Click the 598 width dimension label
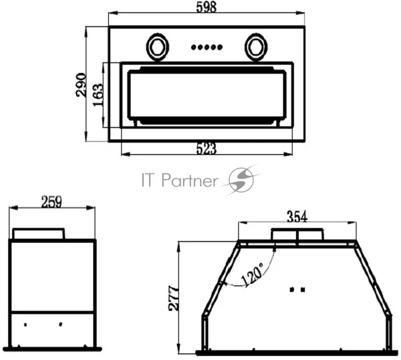(206, 7)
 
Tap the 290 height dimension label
(81, 85)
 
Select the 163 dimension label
(98, 95)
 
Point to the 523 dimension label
(206, 149)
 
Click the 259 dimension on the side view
(51, 201)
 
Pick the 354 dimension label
(297, 216)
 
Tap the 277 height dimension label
(174, 298)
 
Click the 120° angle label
(252, 274)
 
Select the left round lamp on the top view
(157, 47)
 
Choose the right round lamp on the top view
(256, 47)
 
